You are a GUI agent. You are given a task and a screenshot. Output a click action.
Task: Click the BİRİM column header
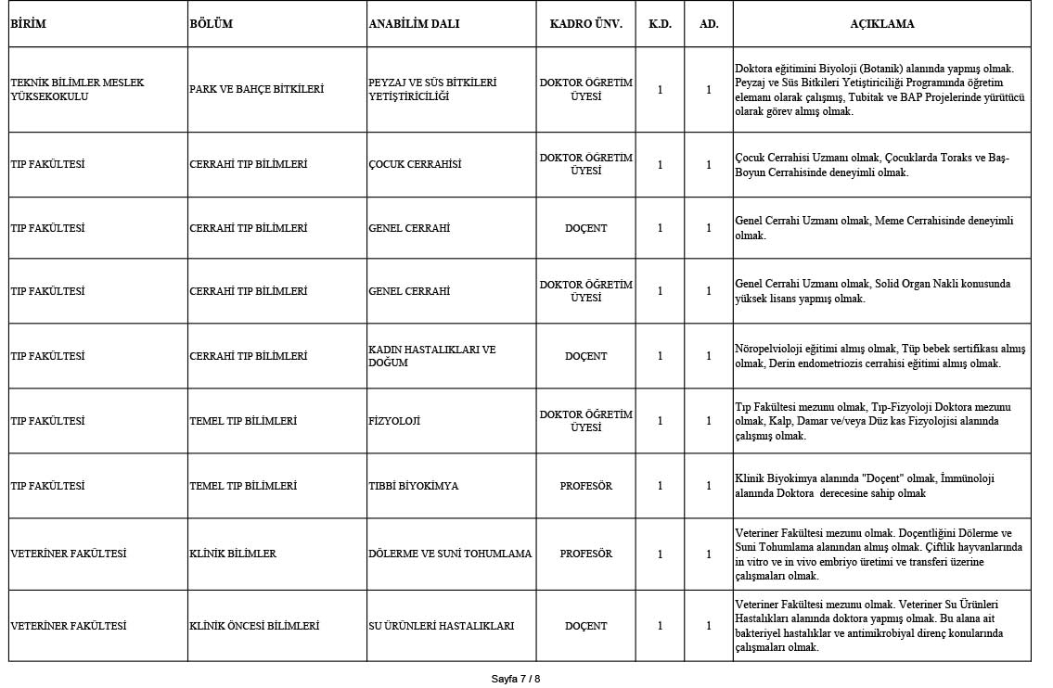pos(28,24)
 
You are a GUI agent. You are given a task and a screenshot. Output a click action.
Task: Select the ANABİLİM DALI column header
pos(413,24)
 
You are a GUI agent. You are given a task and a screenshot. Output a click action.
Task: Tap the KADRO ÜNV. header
pos(585,24)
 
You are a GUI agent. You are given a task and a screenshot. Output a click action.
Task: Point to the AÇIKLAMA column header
pos(881,24)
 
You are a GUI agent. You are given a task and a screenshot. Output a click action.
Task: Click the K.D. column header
pos(660,24)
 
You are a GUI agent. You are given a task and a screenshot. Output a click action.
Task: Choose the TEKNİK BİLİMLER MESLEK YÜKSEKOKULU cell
pos(77,89)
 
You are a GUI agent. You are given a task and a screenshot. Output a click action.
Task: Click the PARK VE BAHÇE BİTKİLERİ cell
pos(256,89)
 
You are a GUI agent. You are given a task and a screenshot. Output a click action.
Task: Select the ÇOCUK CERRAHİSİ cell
pos(414,164)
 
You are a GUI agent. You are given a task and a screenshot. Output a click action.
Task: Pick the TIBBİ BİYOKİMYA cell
pos(413,486)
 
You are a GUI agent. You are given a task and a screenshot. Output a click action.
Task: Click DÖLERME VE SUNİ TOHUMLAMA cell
pos(450,554)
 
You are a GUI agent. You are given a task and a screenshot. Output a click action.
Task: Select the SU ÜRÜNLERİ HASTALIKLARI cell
pos(441,626)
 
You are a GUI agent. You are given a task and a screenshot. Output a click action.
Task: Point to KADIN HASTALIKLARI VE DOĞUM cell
pos(431,356)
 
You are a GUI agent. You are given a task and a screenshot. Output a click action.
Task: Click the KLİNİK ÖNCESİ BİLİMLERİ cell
pos(254,626)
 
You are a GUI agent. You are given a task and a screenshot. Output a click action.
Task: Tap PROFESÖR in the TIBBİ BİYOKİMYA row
pos(585,486)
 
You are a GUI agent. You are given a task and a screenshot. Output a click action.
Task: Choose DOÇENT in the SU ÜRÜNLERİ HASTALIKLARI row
pos(585,626)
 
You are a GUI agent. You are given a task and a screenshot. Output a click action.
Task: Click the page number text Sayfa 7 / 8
pos(515,679)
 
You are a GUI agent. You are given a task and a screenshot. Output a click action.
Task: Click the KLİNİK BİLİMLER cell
pos(233,554)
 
